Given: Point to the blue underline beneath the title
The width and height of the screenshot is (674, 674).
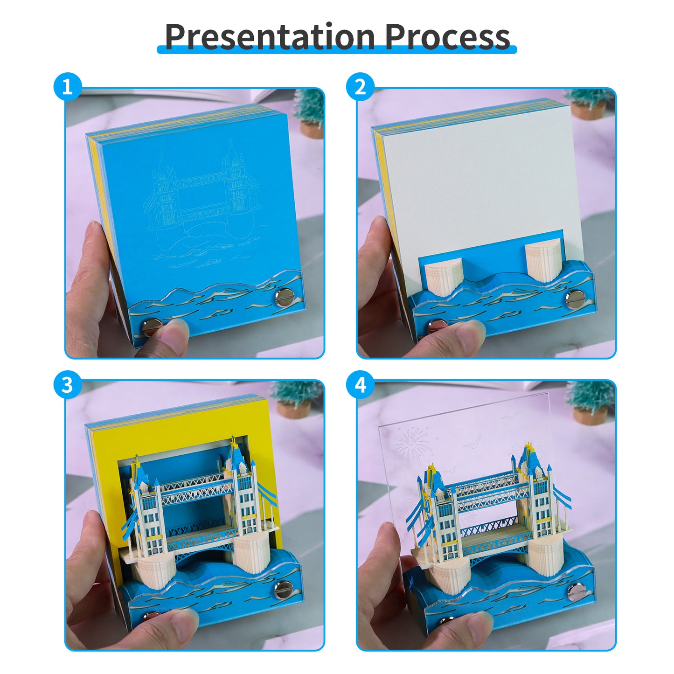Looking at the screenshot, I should pyautogui.click(x=337, y=49).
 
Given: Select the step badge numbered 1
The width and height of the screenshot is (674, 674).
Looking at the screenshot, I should pyautogui.click(x=68, y=87).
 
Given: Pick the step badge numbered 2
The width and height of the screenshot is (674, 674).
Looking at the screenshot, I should pyautogui.click(x=360, y=87).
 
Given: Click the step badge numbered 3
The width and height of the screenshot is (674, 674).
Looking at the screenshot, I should pyautogui.click(x=68, y=385).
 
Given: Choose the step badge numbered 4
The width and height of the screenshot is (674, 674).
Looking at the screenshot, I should pyautogui.click(x=360, y=385).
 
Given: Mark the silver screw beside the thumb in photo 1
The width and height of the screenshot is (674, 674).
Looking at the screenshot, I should pyautogui.click(x=152, y=326).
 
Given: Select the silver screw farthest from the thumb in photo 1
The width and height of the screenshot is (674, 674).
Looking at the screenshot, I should pyautogui.click(x=283, y=297).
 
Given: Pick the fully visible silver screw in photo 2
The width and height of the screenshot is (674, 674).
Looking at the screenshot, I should pyautogui.click(x=575, y=298).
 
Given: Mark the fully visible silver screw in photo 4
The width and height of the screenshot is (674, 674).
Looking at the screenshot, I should pyautogui.click(x=577, y=592).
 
